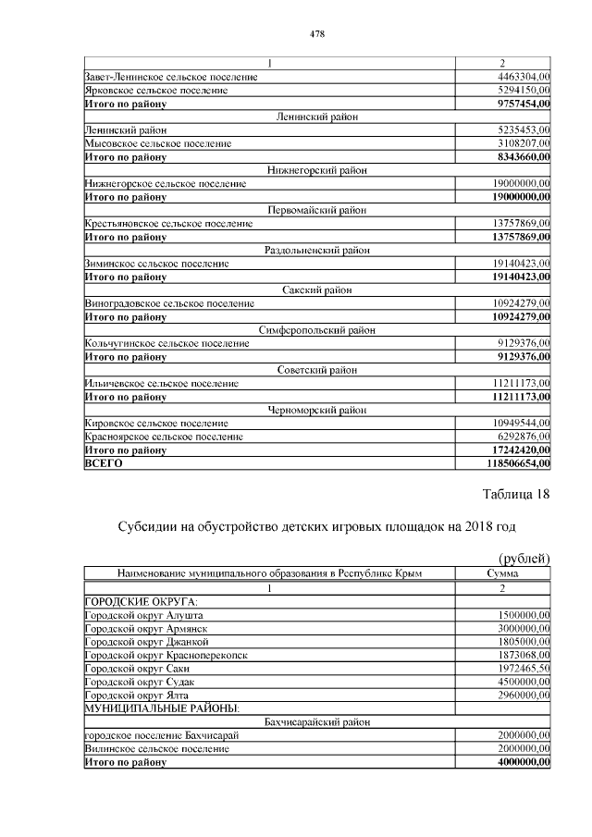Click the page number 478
point(317,34)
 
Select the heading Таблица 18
point(512,494)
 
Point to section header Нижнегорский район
point(316,170)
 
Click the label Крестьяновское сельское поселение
point(167,224)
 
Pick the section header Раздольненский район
point(316,250)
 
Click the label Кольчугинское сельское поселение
point(166,343)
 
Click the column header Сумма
point(503,573)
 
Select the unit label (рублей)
point(524,558)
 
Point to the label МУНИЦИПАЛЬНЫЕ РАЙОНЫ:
point(162,708)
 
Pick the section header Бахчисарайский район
point(316,721)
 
